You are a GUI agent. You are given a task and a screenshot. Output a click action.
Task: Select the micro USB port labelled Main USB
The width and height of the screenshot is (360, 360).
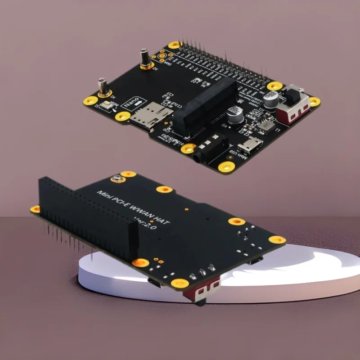coord(251,146)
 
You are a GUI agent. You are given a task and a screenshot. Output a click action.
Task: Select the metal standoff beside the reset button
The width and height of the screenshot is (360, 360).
coord(103,87)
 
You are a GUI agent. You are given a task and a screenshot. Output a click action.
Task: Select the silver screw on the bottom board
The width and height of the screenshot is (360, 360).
coord(118,179)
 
